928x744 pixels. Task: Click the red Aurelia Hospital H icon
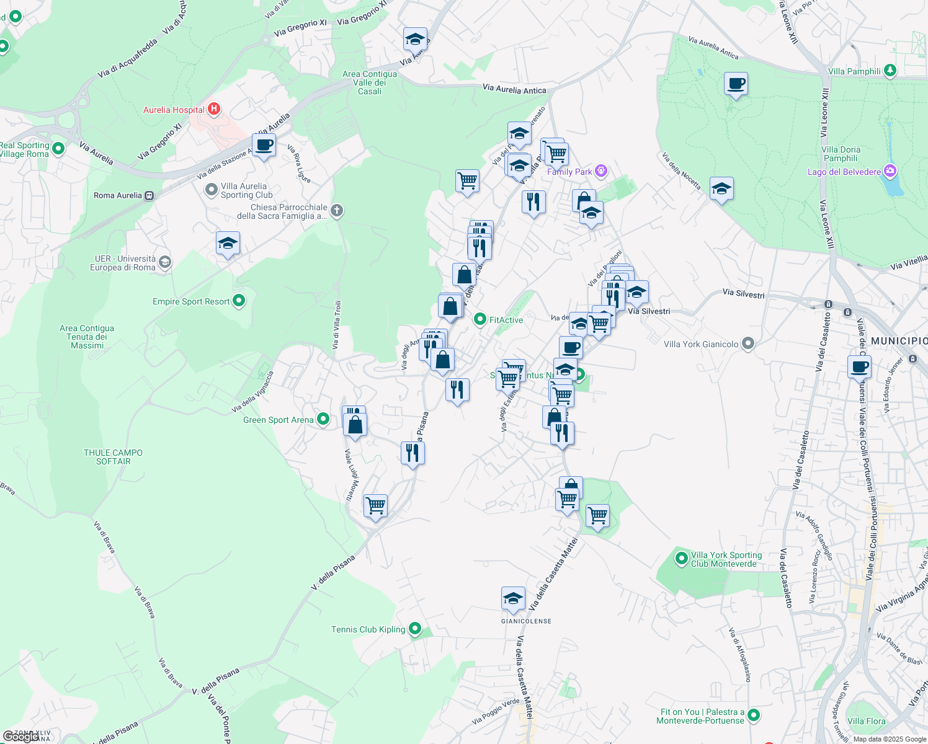[214, 109]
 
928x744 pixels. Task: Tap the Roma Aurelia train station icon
[149, 195]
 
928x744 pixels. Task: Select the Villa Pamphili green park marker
[890, 71]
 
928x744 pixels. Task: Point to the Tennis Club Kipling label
[368, 629]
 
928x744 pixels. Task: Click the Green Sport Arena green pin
[323, 420]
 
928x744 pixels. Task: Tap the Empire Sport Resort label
[191, 301]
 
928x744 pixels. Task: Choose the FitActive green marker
[480, 319]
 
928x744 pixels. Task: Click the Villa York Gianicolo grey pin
[748, 343]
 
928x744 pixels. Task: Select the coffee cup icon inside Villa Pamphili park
[736, 84]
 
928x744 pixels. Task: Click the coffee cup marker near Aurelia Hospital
[264, 145]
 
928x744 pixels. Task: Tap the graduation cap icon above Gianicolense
[513, 598]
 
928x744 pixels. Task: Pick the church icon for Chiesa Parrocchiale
[337, 211]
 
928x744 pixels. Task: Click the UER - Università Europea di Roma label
[123, 263]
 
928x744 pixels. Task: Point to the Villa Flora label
[866, 721]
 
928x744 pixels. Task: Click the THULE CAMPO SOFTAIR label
[114, 457]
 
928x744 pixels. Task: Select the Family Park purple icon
[600, 171]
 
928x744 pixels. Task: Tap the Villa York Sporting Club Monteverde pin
[682, 559]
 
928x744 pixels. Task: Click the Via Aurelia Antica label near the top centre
[514, 89]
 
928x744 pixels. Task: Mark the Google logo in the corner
[21, 737]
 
